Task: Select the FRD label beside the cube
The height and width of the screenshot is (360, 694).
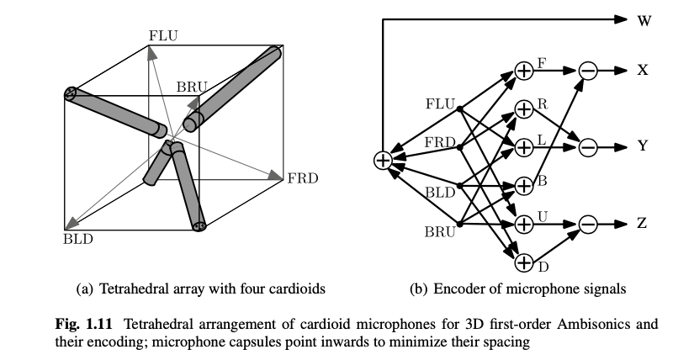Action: (x=303, y=178)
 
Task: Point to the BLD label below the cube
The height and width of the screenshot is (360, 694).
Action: (x=78, y=240)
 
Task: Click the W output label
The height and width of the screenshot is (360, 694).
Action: (x=644, y=19)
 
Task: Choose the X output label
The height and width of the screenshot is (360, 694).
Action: (x=643, y=71)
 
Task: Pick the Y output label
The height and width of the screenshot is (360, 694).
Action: (x=643, y=146)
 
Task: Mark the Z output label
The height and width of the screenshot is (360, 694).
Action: (x=643, y=224)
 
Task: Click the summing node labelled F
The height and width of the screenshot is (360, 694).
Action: (x=524, y=71)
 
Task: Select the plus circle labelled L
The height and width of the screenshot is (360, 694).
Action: (x=524, y=146)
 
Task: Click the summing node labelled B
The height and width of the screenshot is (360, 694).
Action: (x=524, y=185)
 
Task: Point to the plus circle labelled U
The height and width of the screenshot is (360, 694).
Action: (x=524, y=224)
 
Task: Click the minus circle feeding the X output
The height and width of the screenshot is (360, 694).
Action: (x=588, y=71)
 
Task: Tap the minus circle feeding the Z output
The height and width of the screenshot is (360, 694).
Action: (x=588, y=224)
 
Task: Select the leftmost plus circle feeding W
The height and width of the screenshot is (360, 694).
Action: (x=383, y=160)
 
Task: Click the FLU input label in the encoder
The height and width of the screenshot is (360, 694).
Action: (x=441, y=104)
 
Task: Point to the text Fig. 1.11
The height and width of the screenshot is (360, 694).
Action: (x=95, y=323)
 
